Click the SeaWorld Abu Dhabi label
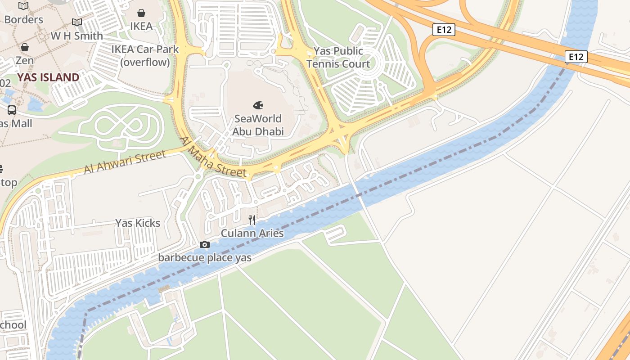pyautogui.click(x=258, y=125)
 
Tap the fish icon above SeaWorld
pyautogui.click(x=258, y=106)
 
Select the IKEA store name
pyautogui.click(x=141, y=26)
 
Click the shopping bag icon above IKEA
pyautogui.click(x=141, y=13)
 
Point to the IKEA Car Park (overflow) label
pyautogui.click(x=145, y=56)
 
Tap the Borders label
pyautogui.click(x=23, y=20)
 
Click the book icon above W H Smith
pyautogui.click(x=77, y=22)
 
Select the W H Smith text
pyautogui.click(x=76, y=36)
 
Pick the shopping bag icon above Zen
pyautogui.click(x=25, y=47)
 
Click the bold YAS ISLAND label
pyautogui.click(x=48, y=77)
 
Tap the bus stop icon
pyautogui.click(x=12, y=110)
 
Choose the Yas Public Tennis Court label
pyautogui.click(x=338, y=58)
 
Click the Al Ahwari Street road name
pyautogui.click(x=125, y=162)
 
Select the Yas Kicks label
pyautogui.click(x=138, y=223)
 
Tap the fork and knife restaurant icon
pyautogui.click(x=252, y=220)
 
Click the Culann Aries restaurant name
pyautogui.click(x=252, y=233)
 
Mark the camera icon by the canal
pyautogui.click(x=205, y=245)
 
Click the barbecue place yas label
pyautogui.click(x=205, y=258)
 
